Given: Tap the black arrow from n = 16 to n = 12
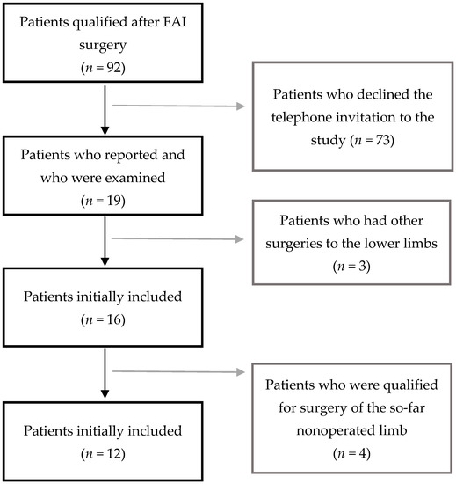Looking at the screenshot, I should coord(105,373).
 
